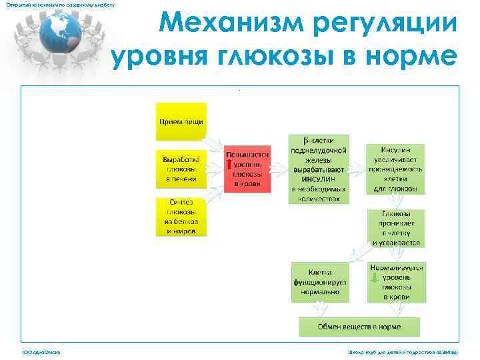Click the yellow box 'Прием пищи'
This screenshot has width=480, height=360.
[181, 121]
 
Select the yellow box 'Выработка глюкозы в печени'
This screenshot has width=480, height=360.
[181, 169]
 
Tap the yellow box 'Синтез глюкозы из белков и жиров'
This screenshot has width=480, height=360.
[181, 216]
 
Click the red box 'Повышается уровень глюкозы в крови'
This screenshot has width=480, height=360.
[248, 168]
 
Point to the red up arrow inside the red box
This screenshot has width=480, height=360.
[229, 165]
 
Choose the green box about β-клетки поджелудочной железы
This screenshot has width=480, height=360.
[317, 169]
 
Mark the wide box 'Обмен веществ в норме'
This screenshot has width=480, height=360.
[359, 327]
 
